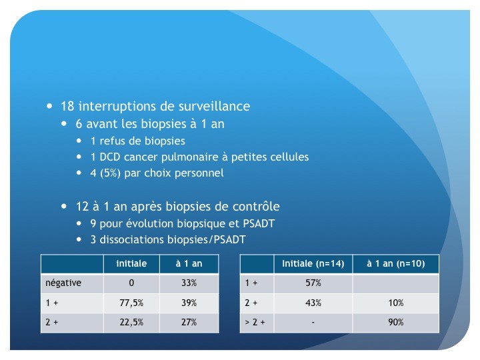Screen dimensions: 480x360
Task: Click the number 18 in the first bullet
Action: point(67,106)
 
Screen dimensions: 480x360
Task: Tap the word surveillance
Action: point(214,106)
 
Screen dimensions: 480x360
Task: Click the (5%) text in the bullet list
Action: point(110,173)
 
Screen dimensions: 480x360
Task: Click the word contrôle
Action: point(256,206)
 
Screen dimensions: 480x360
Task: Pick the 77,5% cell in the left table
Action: point(131,303)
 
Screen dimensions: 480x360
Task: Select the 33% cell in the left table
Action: point(189,283)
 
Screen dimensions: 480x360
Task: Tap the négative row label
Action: point(63,283)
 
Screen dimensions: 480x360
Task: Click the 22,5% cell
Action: point(131,323)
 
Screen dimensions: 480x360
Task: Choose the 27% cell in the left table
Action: point(189,323)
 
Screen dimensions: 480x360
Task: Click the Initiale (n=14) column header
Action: point(313,263)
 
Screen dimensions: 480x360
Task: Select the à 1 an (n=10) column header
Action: point(396,263)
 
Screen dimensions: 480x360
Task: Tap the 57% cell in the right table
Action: point(313,283)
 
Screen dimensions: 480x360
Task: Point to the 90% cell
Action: point(396,323)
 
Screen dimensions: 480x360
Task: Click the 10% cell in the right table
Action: point(396,303)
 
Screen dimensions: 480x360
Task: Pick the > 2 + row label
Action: point(255,323)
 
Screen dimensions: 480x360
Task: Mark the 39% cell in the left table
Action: point(189,303)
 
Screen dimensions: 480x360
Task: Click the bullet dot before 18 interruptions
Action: point(49,106)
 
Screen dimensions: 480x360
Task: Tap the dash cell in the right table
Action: point(313,323)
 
